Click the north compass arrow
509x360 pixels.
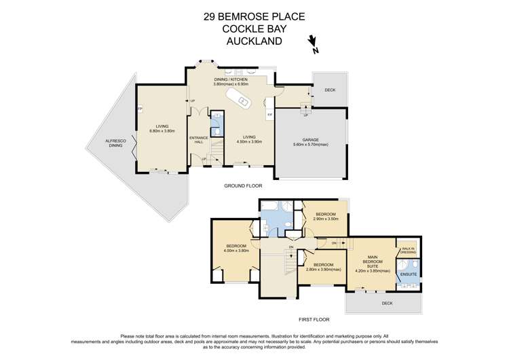coord(312,44)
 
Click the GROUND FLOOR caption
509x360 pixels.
coord(242,185)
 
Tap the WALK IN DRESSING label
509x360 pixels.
coord(406,249)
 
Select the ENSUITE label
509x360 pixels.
coord(408,274)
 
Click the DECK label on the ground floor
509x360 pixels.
coord(329,90)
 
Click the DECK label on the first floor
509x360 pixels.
coord(386,303)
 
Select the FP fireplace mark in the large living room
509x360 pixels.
coord(139,109)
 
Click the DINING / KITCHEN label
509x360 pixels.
coord(230,79)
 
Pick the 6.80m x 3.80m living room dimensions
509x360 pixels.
coord(162,130)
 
